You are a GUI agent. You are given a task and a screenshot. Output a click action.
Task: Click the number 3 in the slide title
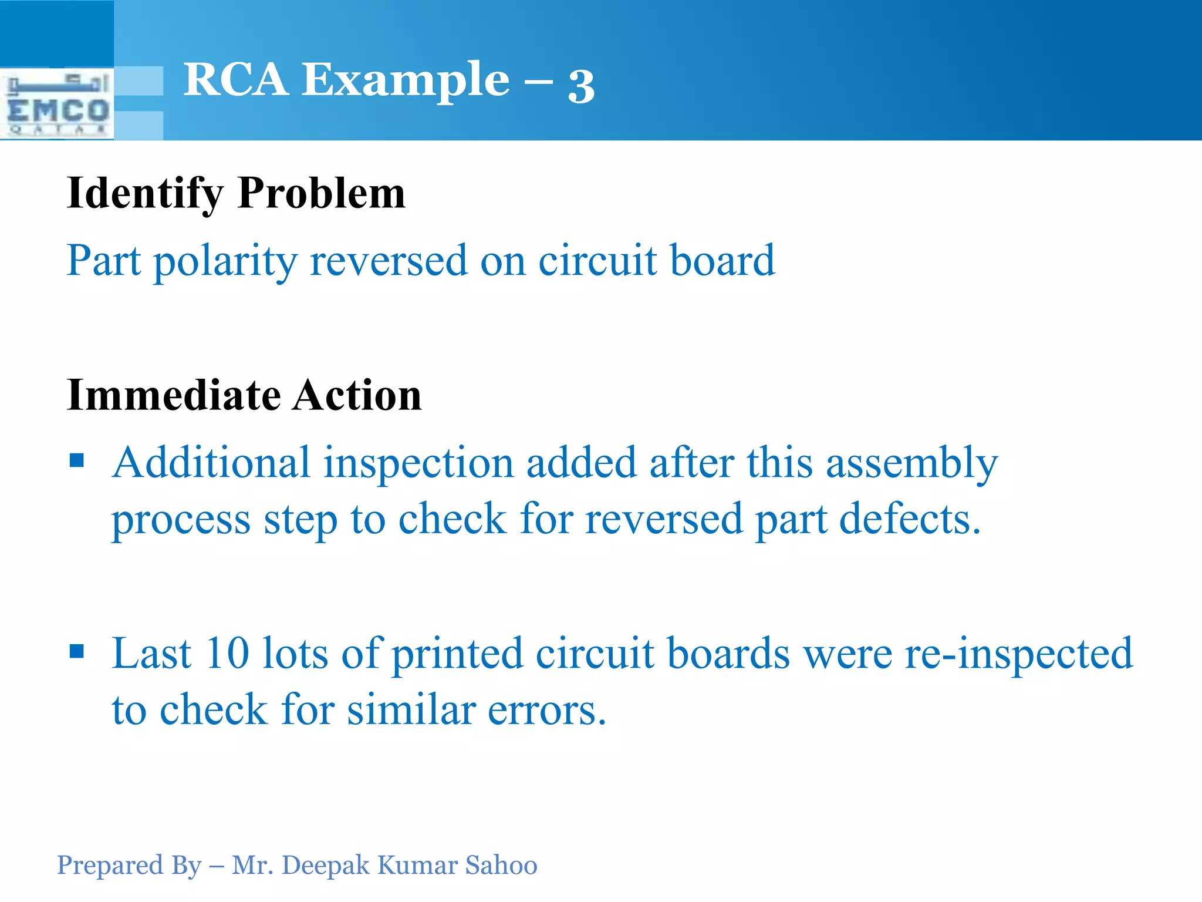coord(581,86)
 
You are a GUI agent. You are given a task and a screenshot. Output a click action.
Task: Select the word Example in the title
coord(406,81)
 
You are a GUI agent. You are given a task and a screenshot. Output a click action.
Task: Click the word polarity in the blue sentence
coord(225,261)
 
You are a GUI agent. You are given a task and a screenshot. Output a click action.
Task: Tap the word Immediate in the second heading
coord(174,395)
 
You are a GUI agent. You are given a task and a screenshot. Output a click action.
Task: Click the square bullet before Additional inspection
coord(77,460)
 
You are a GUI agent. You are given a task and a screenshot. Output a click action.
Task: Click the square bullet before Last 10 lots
coord(77,651)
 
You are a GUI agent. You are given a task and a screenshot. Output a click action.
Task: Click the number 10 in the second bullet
coord(228,653)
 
